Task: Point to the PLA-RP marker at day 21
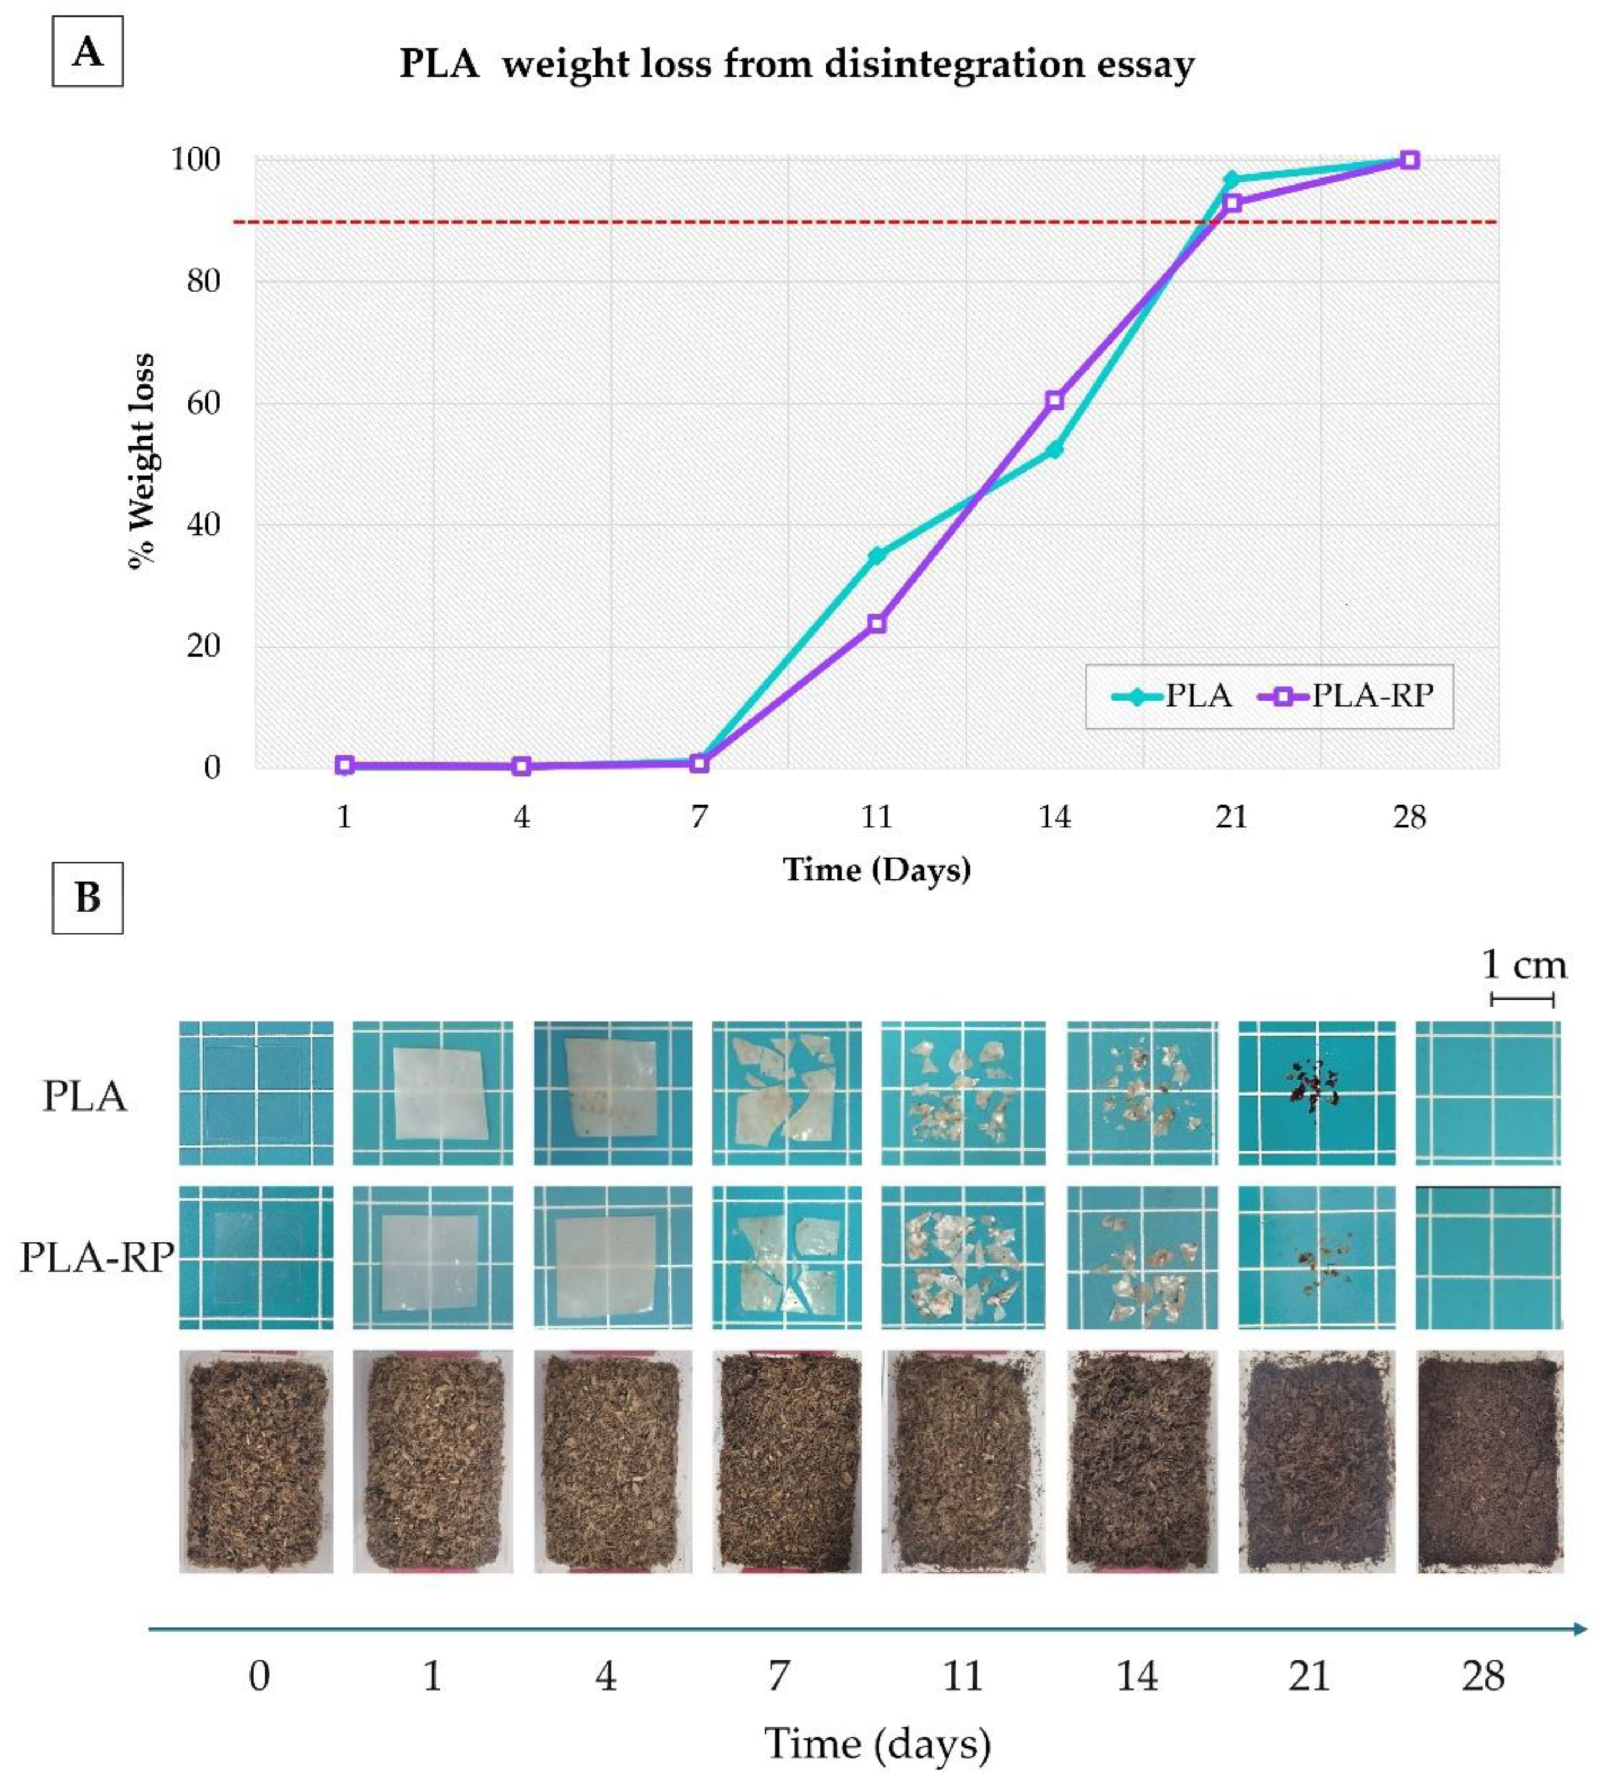1232,203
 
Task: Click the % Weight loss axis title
140,462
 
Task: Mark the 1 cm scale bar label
1523,965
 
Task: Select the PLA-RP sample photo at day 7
786,1257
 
